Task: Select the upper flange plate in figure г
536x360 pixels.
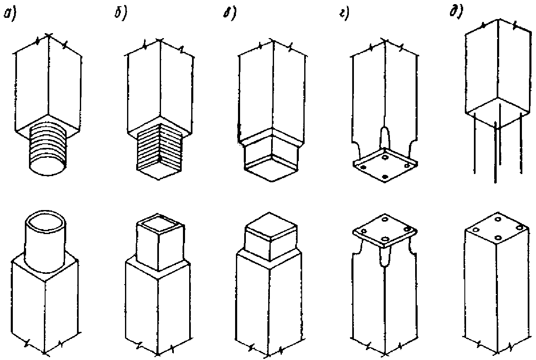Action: point(385,164)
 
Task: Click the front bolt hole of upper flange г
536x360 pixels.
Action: point(385,177)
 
